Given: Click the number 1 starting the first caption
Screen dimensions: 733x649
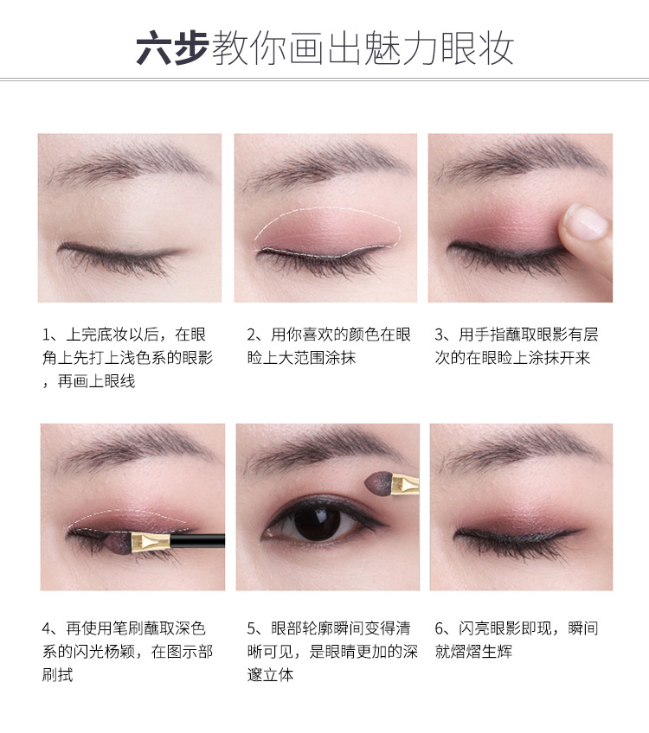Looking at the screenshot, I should pos(48,335).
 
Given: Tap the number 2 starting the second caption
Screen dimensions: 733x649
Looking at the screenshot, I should pos(252,335).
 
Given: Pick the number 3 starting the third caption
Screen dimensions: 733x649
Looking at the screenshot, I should pos(440,335).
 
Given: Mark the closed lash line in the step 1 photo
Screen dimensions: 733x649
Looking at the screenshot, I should pos(121,252).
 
